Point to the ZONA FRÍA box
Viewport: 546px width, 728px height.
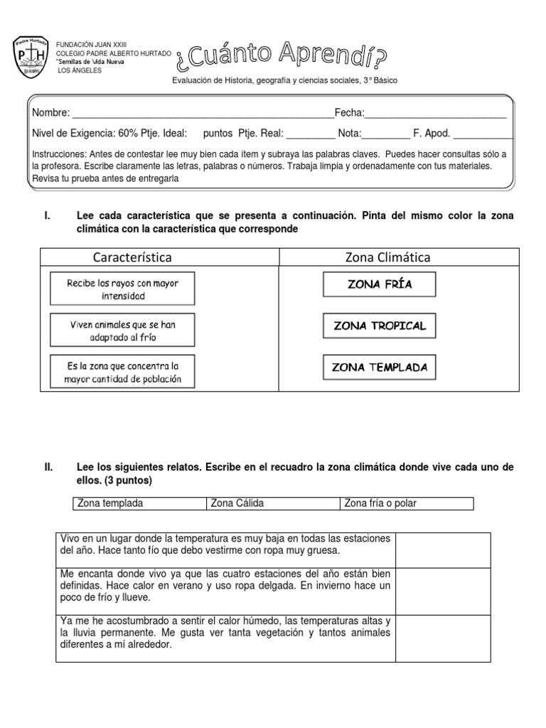click(x=379, y=284)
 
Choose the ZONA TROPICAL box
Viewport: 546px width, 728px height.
click(x=379, y=326)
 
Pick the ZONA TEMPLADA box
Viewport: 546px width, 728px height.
click(x=379, y=368)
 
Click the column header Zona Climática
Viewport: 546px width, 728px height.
click(x=387, y=257)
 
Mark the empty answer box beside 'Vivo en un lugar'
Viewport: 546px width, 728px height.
click(x=443, y=550)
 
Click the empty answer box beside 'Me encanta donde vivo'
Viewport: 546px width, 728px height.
click(x=443, y=591)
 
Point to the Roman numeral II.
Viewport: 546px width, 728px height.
click(x=48, y=467)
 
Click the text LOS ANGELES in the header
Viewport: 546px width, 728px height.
click(x=79, y=71)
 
